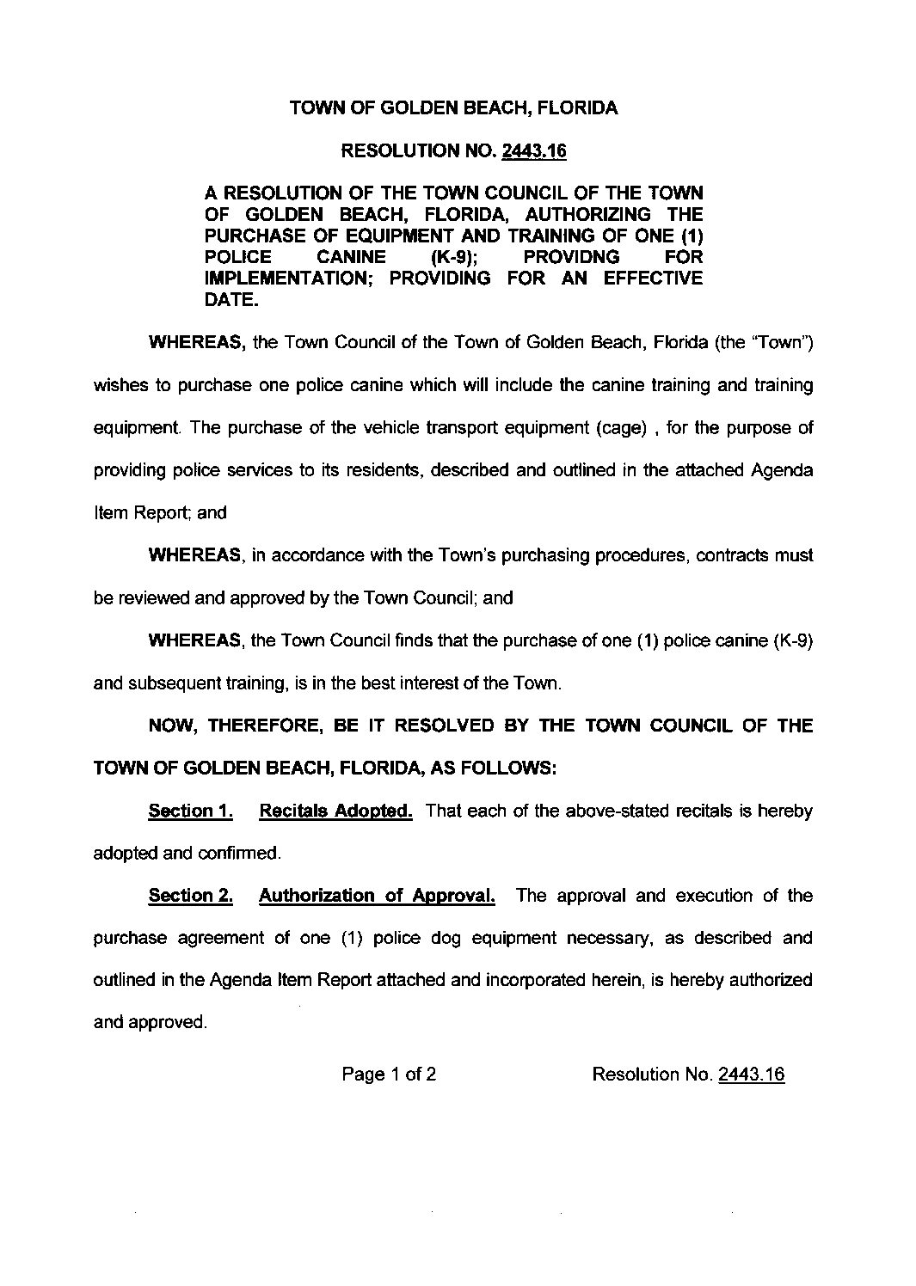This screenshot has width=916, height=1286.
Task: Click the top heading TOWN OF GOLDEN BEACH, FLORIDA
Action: [x=453, y=108]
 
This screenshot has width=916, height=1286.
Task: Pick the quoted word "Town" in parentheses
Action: [x=784, y=343]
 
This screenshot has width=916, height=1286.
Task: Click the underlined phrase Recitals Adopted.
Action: [x=335, y=811]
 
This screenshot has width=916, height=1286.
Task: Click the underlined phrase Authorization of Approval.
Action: [x=377, y=896]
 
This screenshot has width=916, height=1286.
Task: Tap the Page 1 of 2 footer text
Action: [x=389, y=1074]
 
